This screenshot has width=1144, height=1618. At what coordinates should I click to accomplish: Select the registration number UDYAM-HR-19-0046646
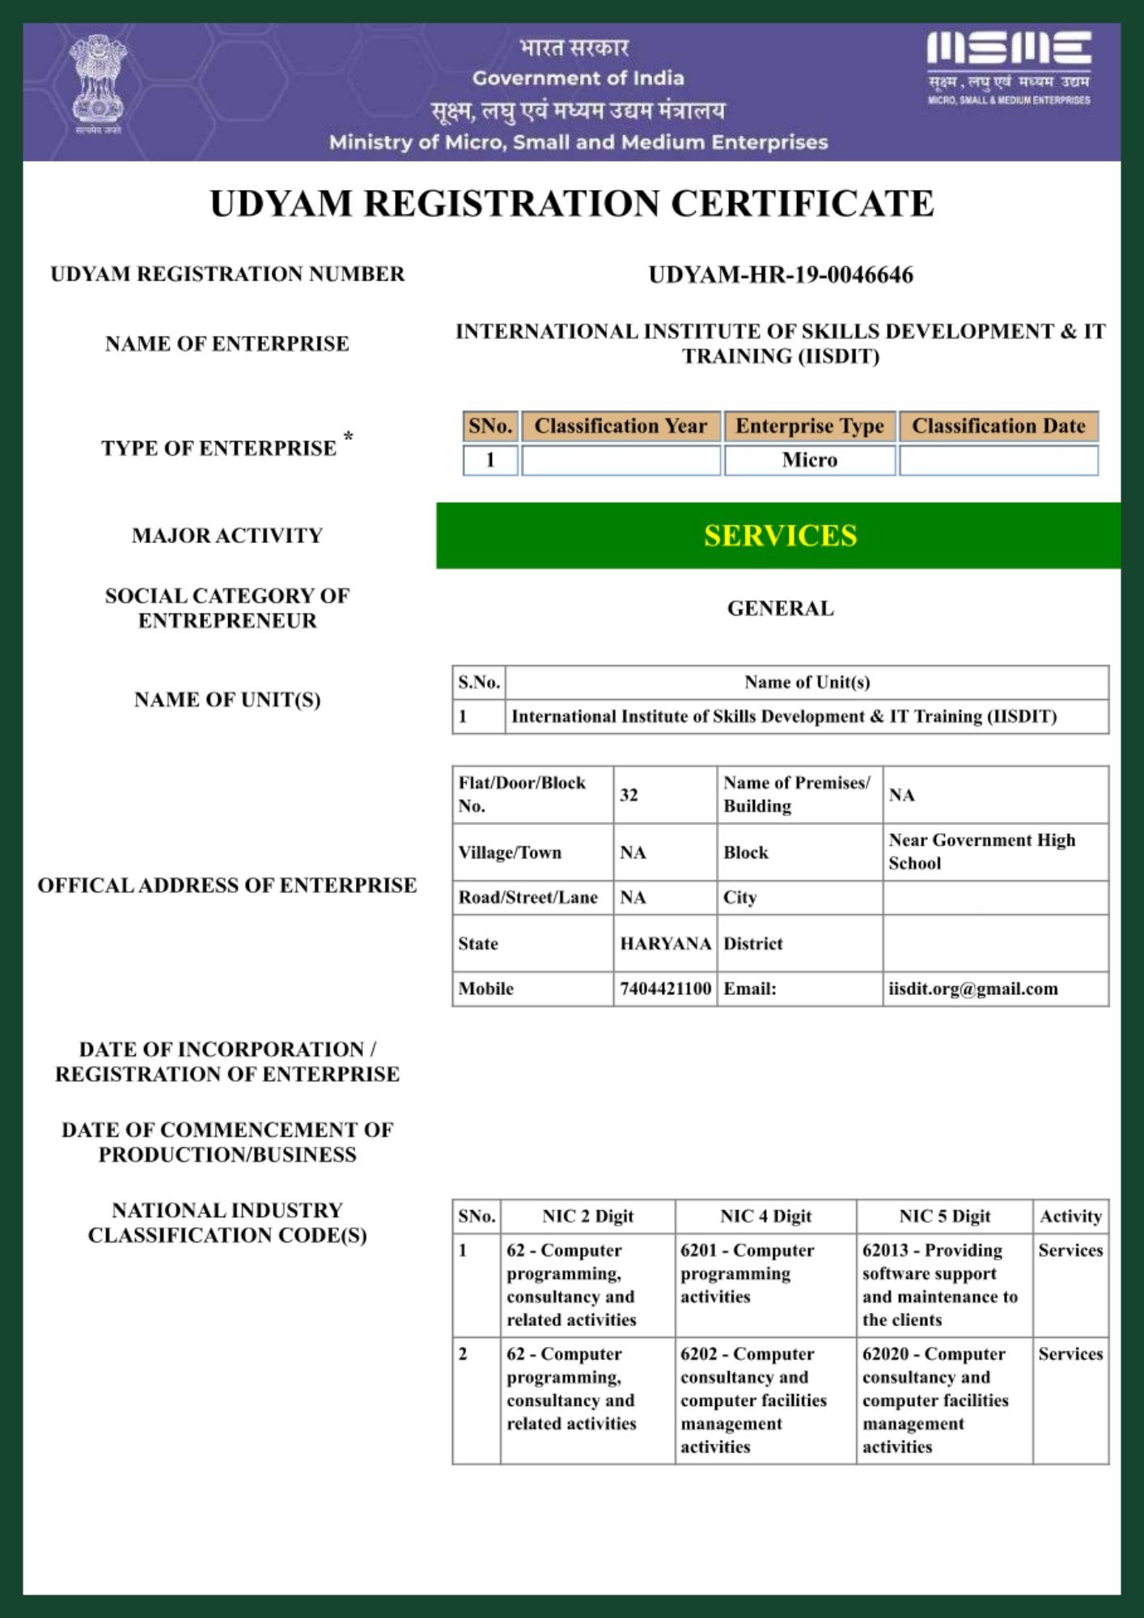tap(781, 275)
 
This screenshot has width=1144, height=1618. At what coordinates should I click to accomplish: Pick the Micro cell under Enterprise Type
tap(809, 460)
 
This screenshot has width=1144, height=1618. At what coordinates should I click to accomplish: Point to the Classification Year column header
tap(621, 426)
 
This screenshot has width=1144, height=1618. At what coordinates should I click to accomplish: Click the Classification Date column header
tap(998, 426)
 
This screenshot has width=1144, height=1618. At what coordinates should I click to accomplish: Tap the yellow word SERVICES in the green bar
tap(780, 536)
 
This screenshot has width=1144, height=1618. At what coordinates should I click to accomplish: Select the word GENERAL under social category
tap(780, 608)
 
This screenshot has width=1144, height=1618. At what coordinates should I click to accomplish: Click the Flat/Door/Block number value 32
tap(629, 795)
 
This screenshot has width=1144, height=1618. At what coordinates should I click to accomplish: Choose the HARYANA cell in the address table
tap(665, 943)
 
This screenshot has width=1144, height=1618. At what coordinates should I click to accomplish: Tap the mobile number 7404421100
tap(665, 989)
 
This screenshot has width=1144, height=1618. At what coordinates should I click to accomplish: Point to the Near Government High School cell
tap(982, 851)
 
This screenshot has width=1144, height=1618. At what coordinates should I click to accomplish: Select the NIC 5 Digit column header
tap(944, 1216)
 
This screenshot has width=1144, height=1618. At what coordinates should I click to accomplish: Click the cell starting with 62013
tap(940, 1285)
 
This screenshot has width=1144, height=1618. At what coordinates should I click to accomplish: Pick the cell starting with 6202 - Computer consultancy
tap(753, 1400)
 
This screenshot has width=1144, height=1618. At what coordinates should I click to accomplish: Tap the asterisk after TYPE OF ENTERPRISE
tap(348, 438)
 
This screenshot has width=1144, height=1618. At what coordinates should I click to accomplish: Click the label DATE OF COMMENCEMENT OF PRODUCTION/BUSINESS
tap(227, 1141)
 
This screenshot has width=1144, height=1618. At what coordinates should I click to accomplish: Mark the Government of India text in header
tap(578, 78)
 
